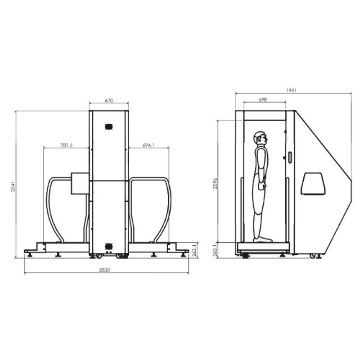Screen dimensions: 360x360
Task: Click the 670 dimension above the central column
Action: [x=108, y=101]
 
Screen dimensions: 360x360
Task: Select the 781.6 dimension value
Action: [x=66, y=145]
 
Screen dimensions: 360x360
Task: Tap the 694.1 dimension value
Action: [x=148, y=145]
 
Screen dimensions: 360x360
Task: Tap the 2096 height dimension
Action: [x=215, y=182]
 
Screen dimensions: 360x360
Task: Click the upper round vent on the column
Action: [x=108, y=126]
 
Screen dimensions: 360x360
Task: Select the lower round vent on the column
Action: [x=108, y=246]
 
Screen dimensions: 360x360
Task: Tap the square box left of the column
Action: [x=80, y=183]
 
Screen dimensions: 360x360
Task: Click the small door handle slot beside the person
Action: [x=290, y=157]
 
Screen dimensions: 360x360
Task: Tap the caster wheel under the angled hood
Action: [x=313, y=256]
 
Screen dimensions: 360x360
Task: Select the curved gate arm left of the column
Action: [x=52, y=207]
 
